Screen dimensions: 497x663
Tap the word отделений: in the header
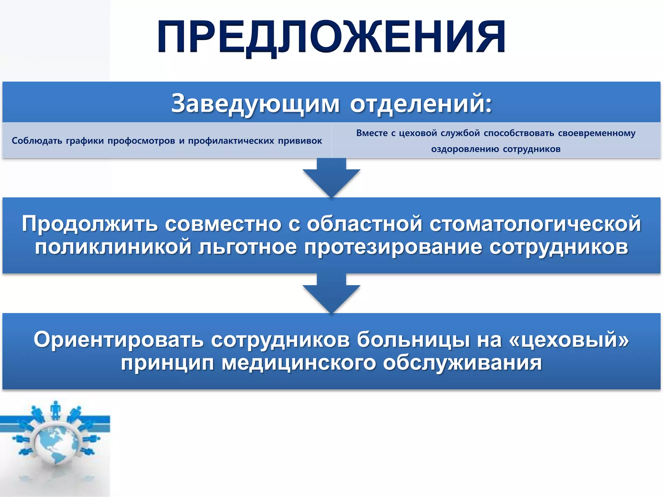click(x=421, y=104)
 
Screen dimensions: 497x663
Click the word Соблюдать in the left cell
click(x=37, y=141)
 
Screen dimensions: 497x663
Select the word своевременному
click(x=597, y=133)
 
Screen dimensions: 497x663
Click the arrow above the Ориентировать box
click(x=331, y=294)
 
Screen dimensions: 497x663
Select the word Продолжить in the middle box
click(x=90, y=224)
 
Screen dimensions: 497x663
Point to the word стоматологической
click(x=535, y=224)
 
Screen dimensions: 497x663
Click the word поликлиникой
click(x=113, y=247)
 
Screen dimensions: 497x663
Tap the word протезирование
click(x=393, y=247)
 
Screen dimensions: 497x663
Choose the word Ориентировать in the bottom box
click(x=118, y=340)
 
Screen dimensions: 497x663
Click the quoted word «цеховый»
click(x=569, y=340)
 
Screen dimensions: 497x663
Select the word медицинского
click(x=298, y=363)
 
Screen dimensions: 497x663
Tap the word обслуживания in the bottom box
click(x=462, y=363)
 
